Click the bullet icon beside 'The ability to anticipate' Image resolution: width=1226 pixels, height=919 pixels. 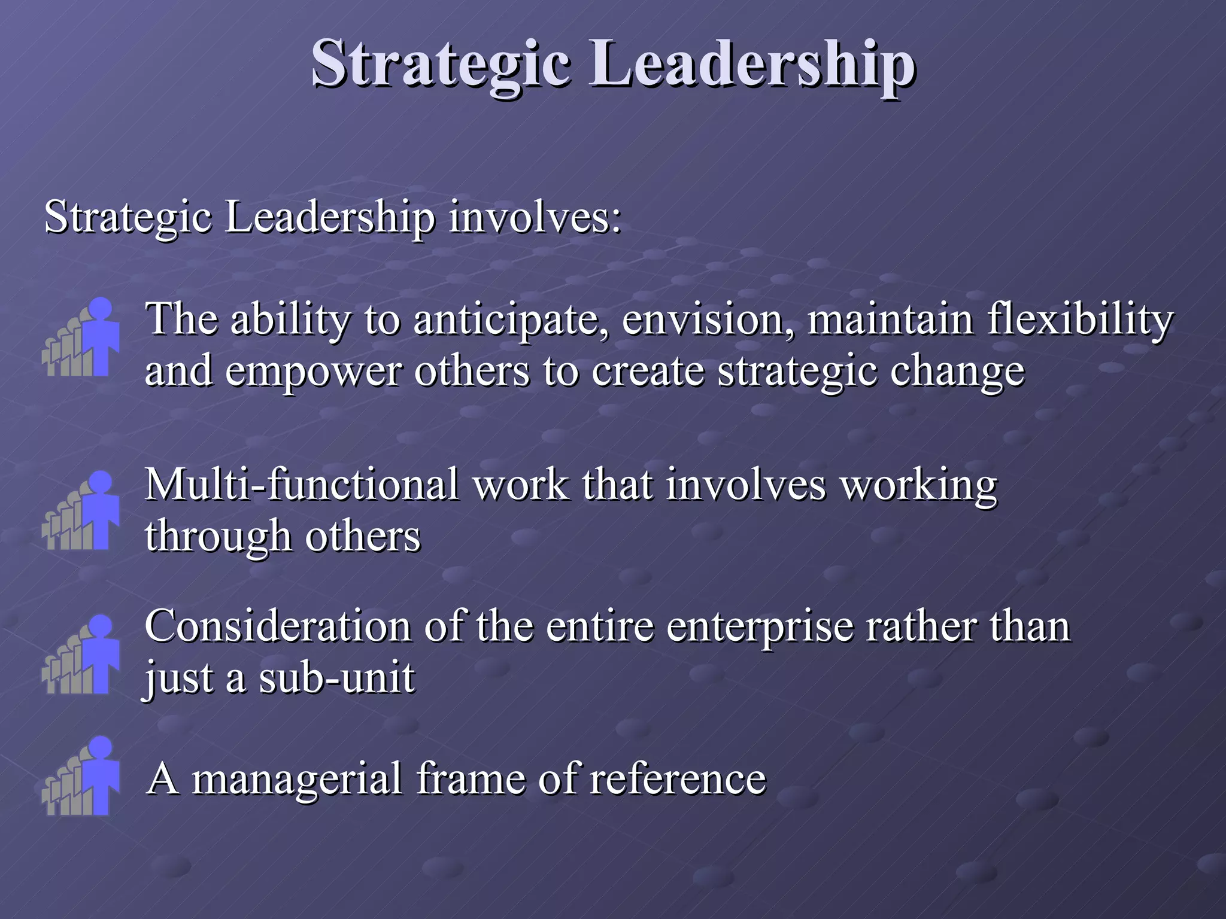tap(81, 338)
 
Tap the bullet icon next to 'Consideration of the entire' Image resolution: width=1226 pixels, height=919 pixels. tap(81, 655)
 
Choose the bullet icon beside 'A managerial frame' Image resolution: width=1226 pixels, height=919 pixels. tap(81, 776)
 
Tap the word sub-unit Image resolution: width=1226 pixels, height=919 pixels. tap(336, 678)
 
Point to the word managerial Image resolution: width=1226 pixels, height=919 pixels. tap(296, 780)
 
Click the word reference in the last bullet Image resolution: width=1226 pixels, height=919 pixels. tap(678, 778)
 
